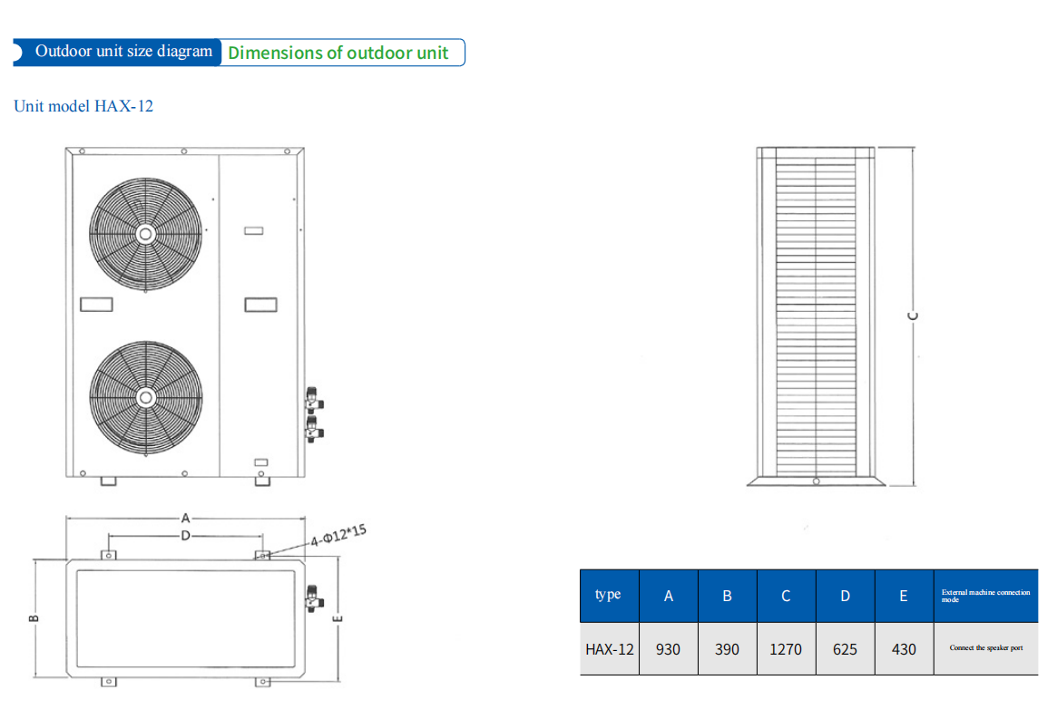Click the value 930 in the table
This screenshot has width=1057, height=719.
668,649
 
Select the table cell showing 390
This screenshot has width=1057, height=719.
727,649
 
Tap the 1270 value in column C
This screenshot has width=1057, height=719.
786,649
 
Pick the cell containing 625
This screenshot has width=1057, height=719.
845,649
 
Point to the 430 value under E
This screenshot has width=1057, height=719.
904,649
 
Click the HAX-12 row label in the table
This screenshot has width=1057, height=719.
610,649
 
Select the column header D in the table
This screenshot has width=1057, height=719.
845,596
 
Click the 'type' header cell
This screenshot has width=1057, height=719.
609,595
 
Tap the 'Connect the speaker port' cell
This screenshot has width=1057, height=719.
985,648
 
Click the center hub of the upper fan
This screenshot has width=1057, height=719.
146,233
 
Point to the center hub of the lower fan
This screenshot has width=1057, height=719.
146,397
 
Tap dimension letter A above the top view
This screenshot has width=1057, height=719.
185,519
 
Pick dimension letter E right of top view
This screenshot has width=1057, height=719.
338,619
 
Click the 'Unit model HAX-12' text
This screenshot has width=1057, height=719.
83,106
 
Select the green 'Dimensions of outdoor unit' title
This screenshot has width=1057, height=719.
338,53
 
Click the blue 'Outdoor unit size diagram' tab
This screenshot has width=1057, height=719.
122,52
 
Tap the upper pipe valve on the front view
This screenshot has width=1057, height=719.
313,400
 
